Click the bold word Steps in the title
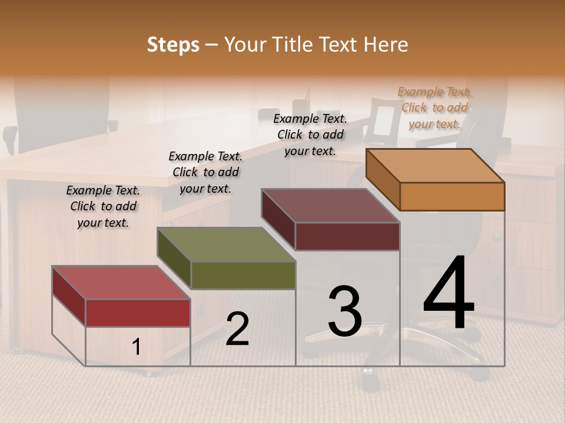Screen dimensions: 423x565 point(173,45)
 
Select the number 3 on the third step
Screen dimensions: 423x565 point(345,311)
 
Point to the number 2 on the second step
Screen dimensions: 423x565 point(237,329)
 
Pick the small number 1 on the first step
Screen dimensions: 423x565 point(137,347)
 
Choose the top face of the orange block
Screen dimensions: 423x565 point(436,166)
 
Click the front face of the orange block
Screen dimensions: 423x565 point(452,196)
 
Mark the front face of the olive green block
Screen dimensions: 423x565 point(243,275)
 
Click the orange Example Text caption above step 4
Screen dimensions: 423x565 point(434,108)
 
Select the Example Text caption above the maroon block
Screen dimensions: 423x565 point(310,135)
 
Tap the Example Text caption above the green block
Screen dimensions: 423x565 point(205,172)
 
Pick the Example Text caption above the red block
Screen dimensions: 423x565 point(103,206)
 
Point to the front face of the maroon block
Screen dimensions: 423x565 point(347,236)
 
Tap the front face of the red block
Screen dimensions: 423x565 point(138,313)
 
